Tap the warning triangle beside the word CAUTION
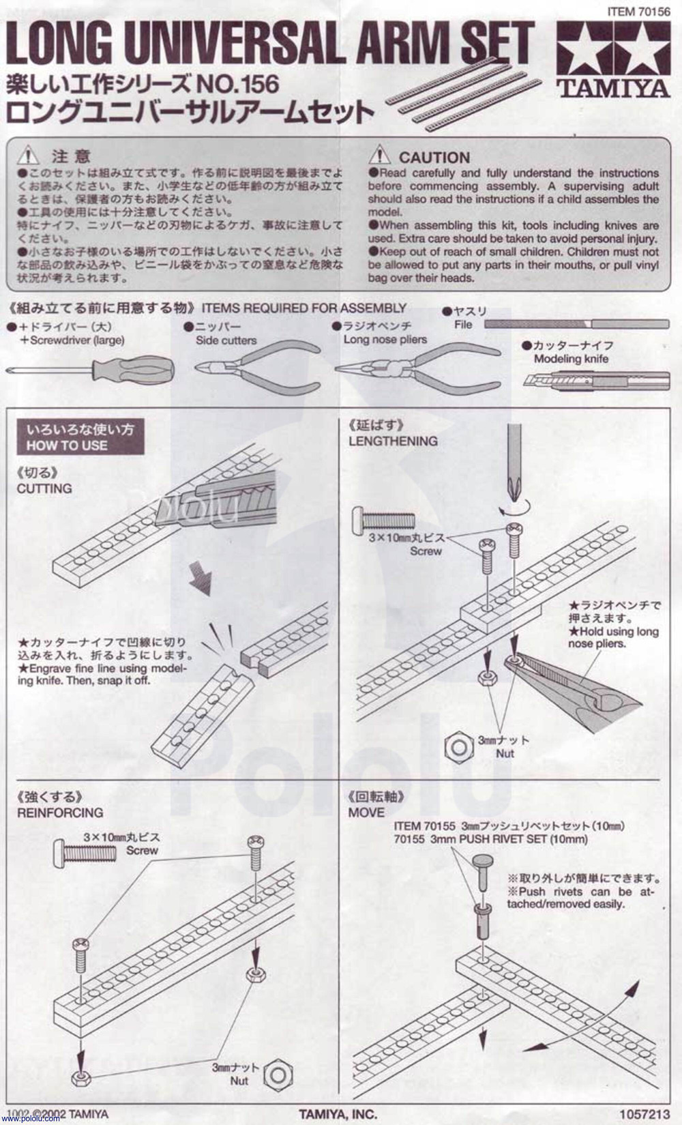(380, 155)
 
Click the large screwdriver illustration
(91, 370)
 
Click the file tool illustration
(576, 325)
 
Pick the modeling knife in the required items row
(596, 381)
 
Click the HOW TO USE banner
(80, 437)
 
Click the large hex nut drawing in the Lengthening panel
(458, 747)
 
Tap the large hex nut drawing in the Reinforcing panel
(278, 1075)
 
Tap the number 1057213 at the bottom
(645, 1113)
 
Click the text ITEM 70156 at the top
(638, 12)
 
